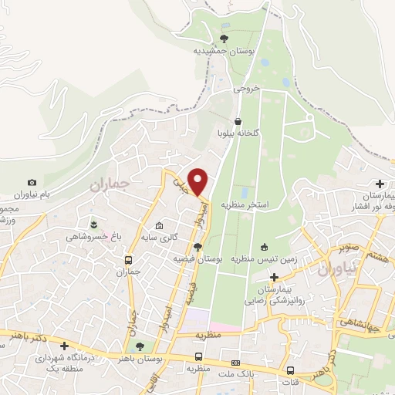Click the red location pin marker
click(x=198, y=181)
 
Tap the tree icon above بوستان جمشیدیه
click(x=225, y=38)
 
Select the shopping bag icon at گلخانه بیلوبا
click(x=238, y=121)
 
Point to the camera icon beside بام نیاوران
click(x=32, y=182)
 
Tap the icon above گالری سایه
click(x=159, y=226)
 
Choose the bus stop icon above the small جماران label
click(x=128, y=260)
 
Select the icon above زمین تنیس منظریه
click(x=265, y=247)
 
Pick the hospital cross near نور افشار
click(x=379, y=184)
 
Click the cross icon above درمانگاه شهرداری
click(x=65, y=346)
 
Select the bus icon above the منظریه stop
click(x=199, y=357)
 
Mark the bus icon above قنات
click(x=291, y=370)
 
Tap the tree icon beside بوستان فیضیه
click(x=198, y=247)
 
